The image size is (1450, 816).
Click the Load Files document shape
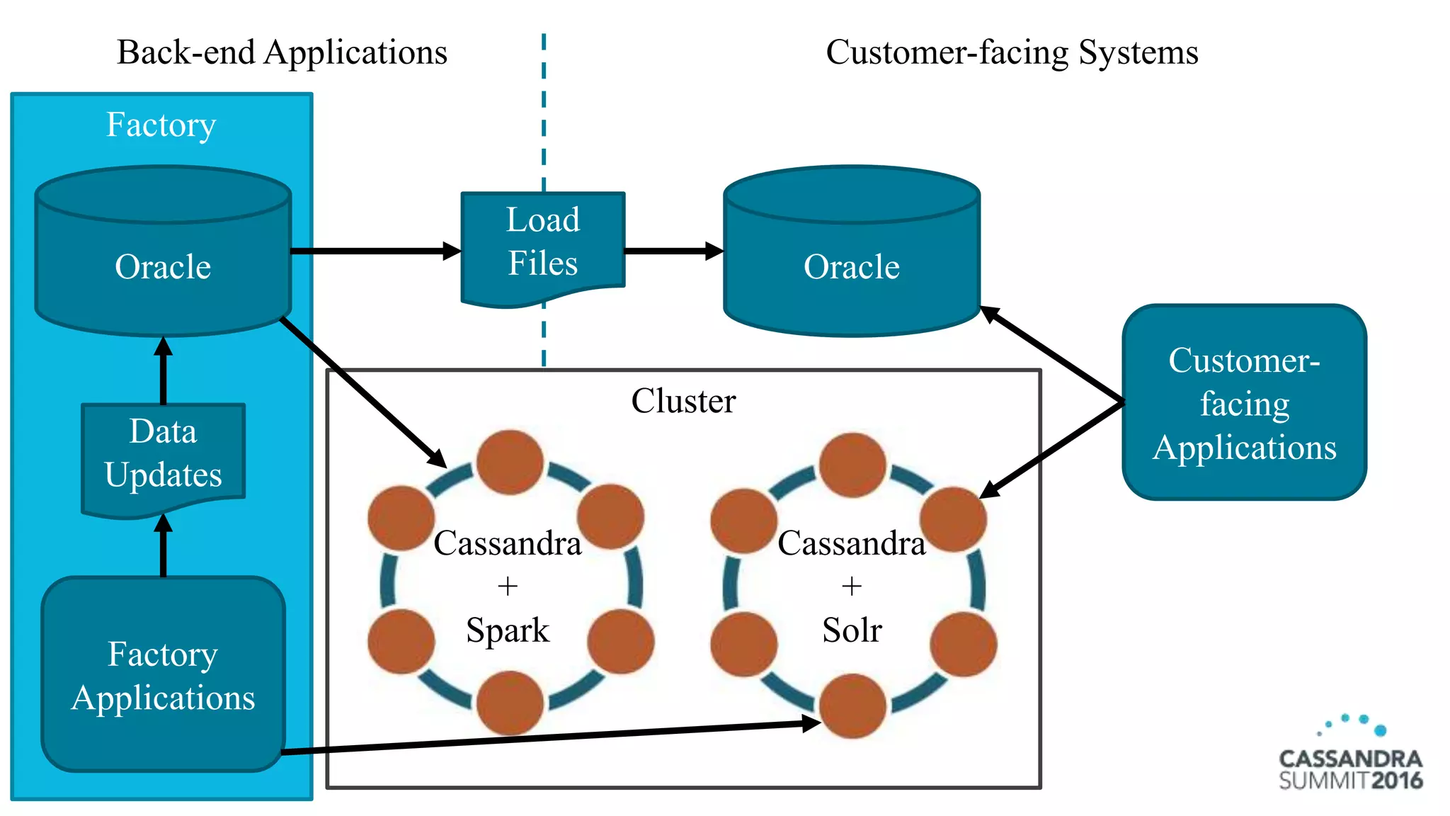pos(543,244)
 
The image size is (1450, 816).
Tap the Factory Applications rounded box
pos(164,675)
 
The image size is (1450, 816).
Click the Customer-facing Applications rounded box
pos(1244,403)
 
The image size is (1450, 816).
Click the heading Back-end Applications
pos(282,52)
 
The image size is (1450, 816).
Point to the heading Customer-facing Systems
pos(1012,52)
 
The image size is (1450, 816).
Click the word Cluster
pos(683,401)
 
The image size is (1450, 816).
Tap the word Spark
pos(508,630)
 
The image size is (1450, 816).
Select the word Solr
pos(852,630)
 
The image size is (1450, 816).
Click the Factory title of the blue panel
pos(161,125)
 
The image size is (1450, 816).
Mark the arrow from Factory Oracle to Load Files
pos(375,251)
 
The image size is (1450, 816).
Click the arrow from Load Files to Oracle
pos(673,251)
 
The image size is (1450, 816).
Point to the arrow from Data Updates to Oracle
pos(164,370)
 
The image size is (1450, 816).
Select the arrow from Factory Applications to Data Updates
pos(164,545)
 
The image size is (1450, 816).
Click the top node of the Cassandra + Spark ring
pos(510,462)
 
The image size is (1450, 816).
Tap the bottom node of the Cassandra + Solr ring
pos(852,705)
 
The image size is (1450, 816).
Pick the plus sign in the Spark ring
pos(508,586)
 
